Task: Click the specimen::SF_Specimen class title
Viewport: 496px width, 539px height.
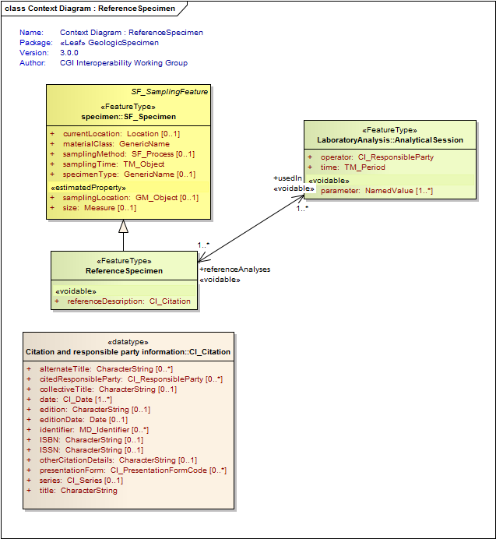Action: pos(128,117)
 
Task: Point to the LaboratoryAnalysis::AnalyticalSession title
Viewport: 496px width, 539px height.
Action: pos(390,140)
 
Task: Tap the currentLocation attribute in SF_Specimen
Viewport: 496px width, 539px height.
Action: pos(121,134)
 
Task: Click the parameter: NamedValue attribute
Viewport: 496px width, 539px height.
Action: pos(377,191)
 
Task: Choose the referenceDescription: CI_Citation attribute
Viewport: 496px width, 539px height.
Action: pos(128,301)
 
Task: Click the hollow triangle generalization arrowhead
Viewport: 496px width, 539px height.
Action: pos(123,227)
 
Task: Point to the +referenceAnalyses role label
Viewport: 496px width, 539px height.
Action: pos(235,269)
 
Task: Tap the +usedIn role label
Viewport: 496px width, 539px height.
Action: pos(287,178)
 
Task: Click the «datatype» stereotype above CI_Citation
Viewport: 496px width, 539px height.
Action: pos(128,341)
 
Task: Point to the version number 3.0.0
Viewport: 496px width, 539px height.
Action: pos(75,53)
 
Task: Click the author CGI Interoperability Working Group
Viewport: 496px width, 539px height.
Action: pos(124,63)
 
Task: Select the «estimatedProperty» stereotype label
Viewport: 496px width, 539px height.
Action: pos(88,188)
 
